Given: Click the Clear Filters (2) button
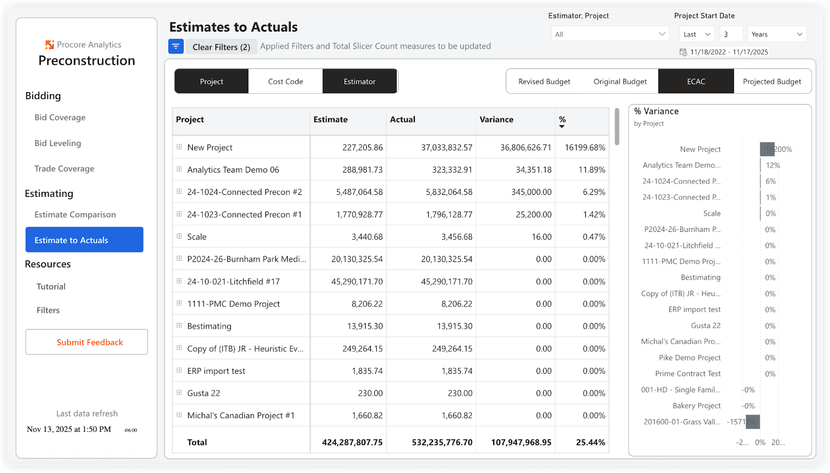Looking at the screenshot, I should pyautogui.click(x=221, y=47).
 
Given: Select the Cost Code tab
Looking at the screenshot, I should pyautogui.click(x=285, y=81).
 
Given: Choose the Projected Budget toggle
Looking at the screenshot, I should pyautogui.click(x=772, y=81).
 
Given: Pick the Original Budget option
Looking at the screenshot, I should pyautogui.click(x=620, y=81).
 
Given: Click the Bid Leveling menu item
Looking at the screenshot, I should pyautogui.click(x=57, y=143).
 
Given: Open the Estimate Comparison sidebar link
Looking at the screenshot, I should pyautogui.click(x=75, y=215).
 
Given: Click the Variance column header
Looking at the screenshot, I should pyautogui.click(x=496, y=120).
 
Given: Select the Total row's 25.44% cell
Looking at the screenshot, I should pyautogui.click(x=590, y=442).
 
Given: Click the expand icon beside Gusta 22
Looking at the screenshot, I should pyautogui.click(x=179, y=393).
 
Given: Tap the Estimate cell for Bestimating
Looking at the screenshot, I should pyautogui.click(x=365, y=327).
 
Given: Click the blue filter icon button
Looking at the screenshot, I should pyautogui.click(x=176, y=46).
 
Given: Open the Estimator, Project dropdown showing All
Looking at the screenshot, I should pyautogui.click(x=610, y=34).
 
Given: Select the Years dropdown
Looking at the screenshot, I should pyautogui.click(x=776, y=34).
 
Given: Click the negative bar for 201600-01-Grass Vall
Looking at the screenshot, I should pyautogui.click(x=753, y=422).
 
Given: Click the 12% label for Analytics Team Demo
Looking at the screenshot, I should pyautogui.click(x=773, y=165).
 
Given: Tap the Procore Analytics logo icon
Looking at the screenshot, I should pyautogui.click(x=49, y=45).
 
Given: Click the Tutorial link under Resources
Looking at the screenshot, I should pyautogui.click(x=51, y=287).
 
